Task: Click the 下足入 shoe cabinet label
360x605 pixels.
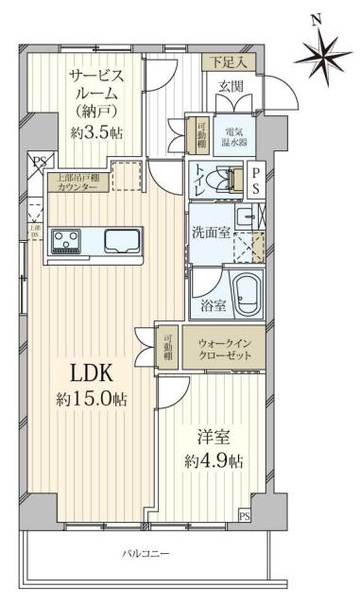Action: [x=227, y=62]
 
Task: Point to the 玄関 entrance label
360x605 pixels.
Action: [x=231, y=88]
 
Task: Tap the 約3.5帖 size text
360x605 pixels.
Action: [x=95, y=133]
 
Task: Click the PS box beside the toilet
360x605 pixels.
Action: [x=255, y=179]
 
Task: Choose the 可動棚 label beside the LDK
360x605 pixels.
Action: [x=166, y=348]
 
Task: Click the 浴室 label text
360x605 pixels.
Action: [x=213, y=304]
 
